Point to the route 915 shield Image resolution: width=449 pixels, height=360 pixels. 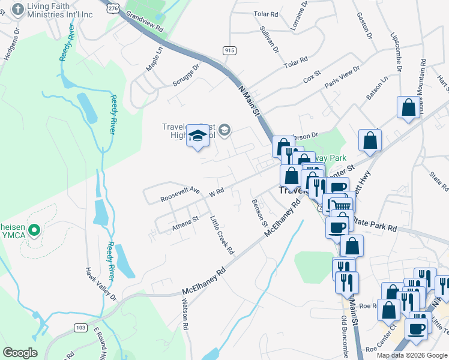pos(228,51)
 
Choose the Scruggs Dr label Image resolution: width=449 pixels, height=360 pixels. pos(184,72)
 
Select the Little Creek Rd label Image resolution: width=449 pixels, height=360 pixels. pos(221,235)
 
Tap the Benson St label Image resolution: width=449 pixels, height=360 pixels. pos(259,212)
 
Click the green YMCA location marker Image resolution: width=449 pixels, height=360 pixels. pos(34,229)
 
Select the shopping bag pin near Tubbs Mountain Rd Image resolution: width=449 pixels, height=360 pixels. pos(408,108)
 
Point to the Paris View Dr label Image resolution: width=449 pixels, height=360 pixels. pos(342,77)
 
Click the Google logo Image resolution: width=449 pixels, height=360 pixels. pos(20,353)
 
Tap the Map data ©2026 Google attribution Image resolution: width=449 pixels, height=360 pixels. pos(411,355)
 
